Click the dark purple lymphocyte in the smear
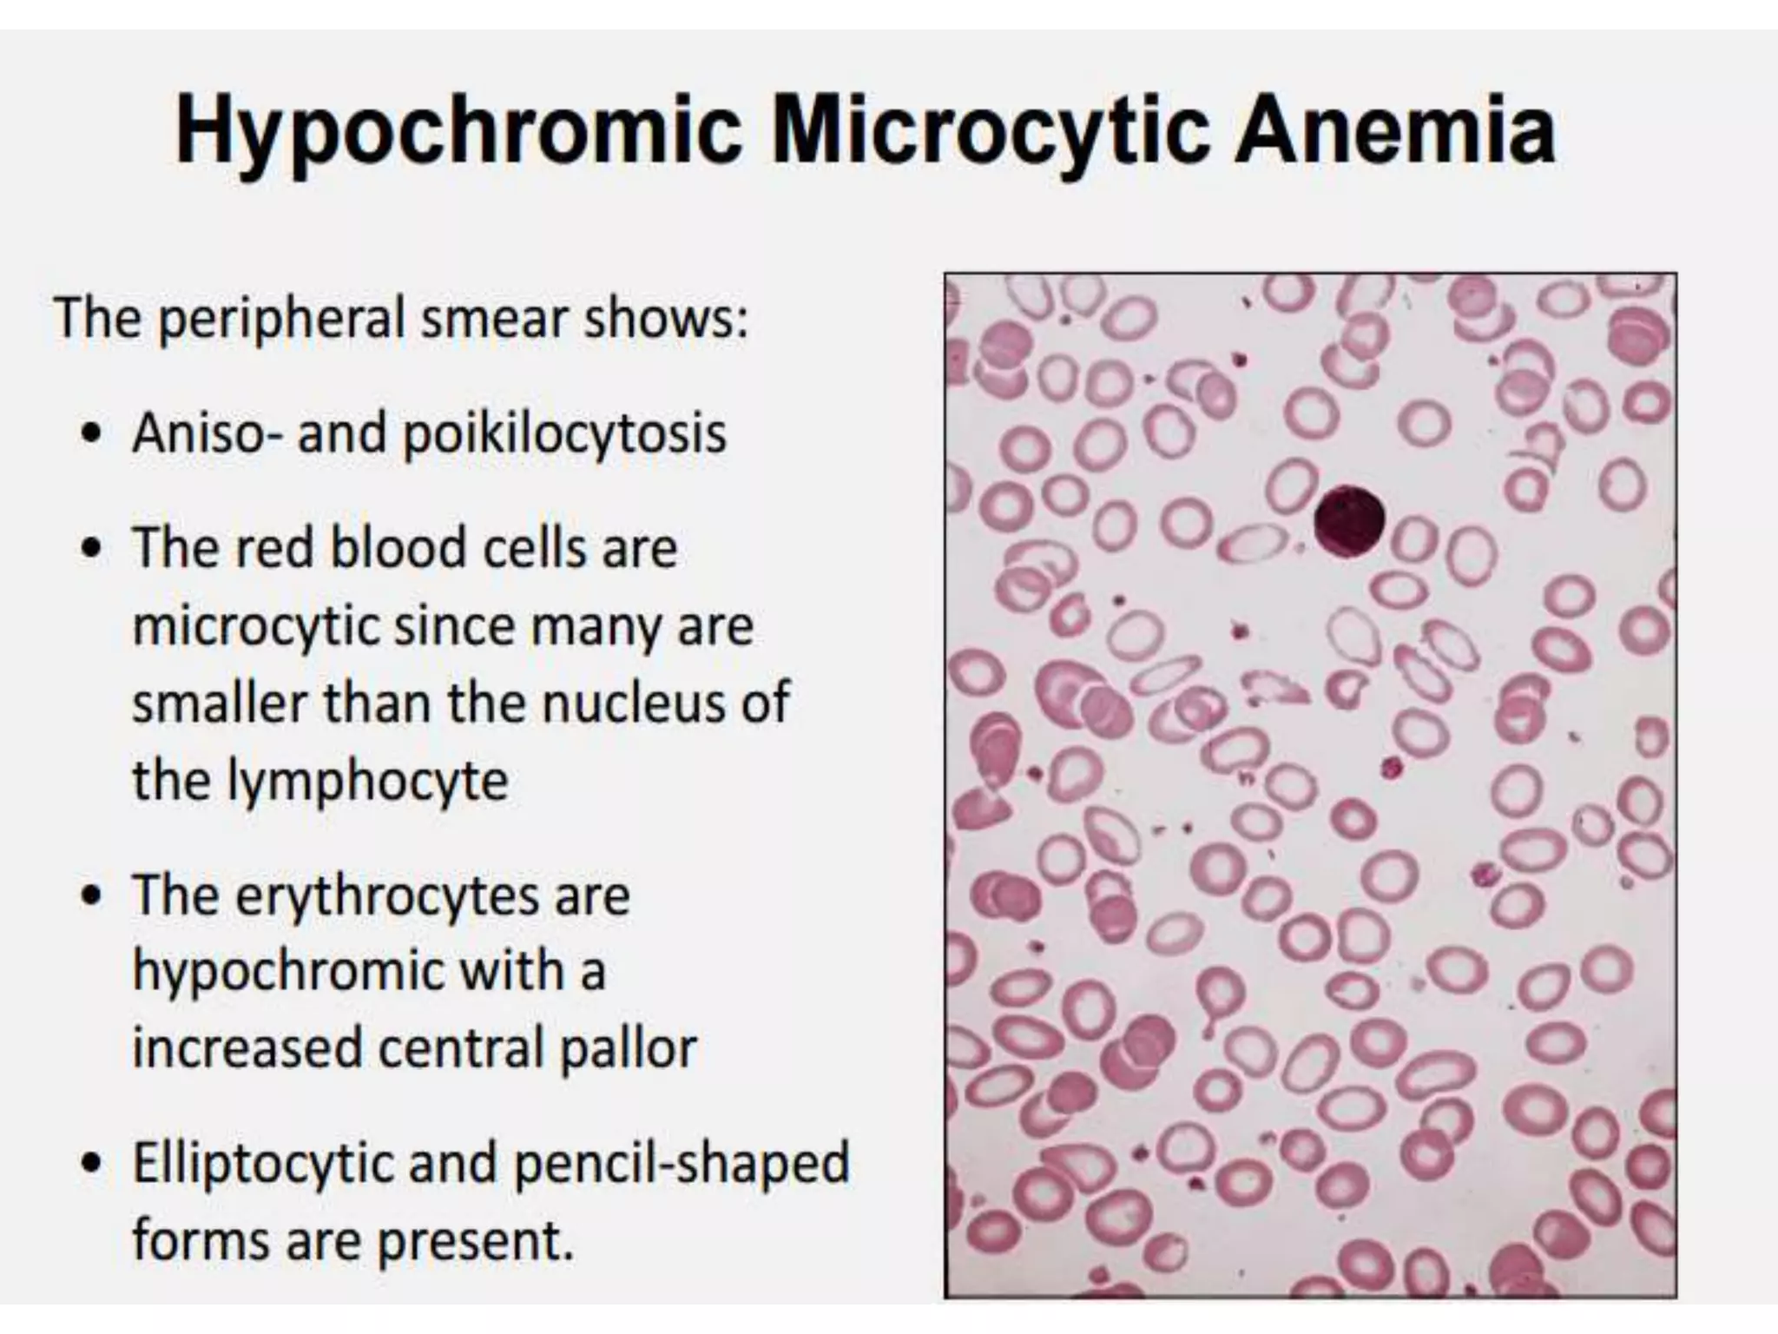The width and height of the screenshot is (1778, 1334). (x=1348, y=521)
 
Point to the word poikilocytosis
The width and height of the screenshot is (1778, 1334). (x=564, y=433)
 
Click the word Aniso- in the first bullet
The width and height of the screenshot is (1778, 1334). (x=207, y=432)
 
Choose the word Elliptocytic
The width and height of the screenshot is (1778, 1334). (x=264, y=1165)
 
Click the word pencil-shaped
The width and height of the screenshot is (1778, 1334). (x=682, y=1165)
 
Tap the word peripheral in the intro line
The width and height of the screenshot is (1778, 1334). (x=283, y=319)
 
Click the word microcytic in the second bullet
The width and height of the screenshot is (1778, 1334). (x=256, y=626)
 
